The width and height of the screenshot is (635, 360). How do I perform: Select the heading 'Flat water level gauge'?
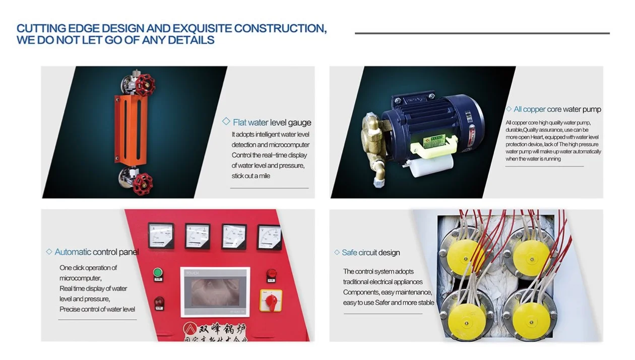[x=272, y=123]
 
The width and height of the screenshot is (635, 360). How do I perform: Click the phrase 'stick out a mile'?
[x=251, y=176]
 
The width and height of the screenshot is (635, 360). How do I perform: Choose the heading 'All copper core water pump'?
[x=557, y=109]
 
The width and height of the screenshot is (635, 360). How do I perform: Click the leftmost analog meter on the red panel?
[x=161, y=235]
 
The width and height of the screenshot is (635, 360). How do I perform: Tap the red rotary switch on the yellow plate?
[x=271, y=301]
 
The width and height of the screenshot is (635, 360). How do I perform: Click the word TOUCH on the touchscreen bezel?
[x=193, y=273]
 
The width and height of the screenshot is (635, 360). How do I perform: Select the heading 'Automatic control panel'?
[x=96, y=252]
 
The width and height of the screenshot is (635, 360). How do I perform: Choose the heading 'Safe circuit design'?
[x=370, y=253]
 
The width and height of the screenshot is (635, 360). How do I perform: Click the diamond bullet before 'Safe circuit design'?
[x=337, y=253]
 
